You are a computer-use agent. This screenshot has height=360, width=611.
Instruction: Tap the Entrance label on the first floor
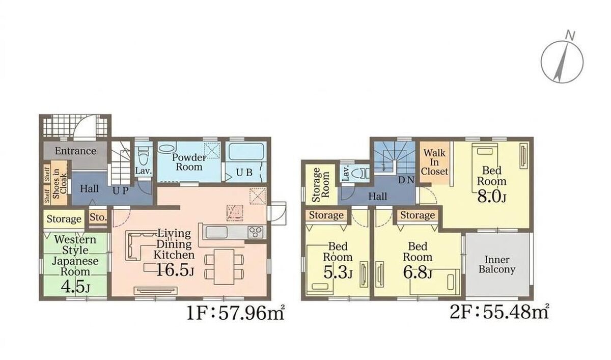[75, 151]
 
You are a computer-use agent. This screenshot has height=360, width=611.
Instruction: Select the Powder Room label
[189, 162]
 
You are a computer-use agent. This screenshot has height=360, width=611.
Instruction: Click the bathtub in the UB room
[246, 152]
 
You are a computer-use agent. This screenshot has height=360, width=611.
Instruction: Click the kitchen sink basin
[216, 232]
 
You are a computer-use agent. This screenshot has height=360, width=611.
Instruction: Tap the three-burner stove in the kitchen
[256, 232]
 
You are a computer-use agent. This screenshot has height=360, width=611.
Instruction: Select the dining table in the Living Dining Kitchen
[224, 267]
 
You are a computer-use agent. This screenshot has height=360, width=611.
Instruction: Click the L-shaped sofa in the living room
[133, 245]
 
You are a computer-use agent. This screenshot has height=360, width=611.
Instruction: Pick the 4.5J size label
[75, 286]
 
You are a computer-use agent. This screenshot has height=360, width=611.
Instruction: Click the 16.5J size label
[175, 270]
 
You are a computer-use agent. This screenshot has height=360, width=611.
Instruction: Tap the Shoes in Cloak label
[60, 183]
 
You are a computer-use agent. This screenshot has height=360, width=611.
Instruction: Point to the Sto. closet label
[98, 217]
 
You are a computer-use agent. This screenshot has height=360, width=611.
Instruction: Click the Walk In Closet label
[434, 162]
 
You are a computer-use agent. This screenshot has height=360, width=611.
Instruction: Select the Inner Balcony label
[497, 265]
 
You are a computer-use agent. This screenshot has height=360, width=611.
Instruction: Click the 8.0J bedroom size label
[491, 197]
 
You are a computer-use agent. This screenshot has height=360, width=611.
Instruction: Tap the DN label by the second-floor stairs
[406, 180]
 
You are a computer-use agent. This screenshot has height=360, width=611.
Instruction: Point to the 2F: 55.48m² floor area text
[499, 312]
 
